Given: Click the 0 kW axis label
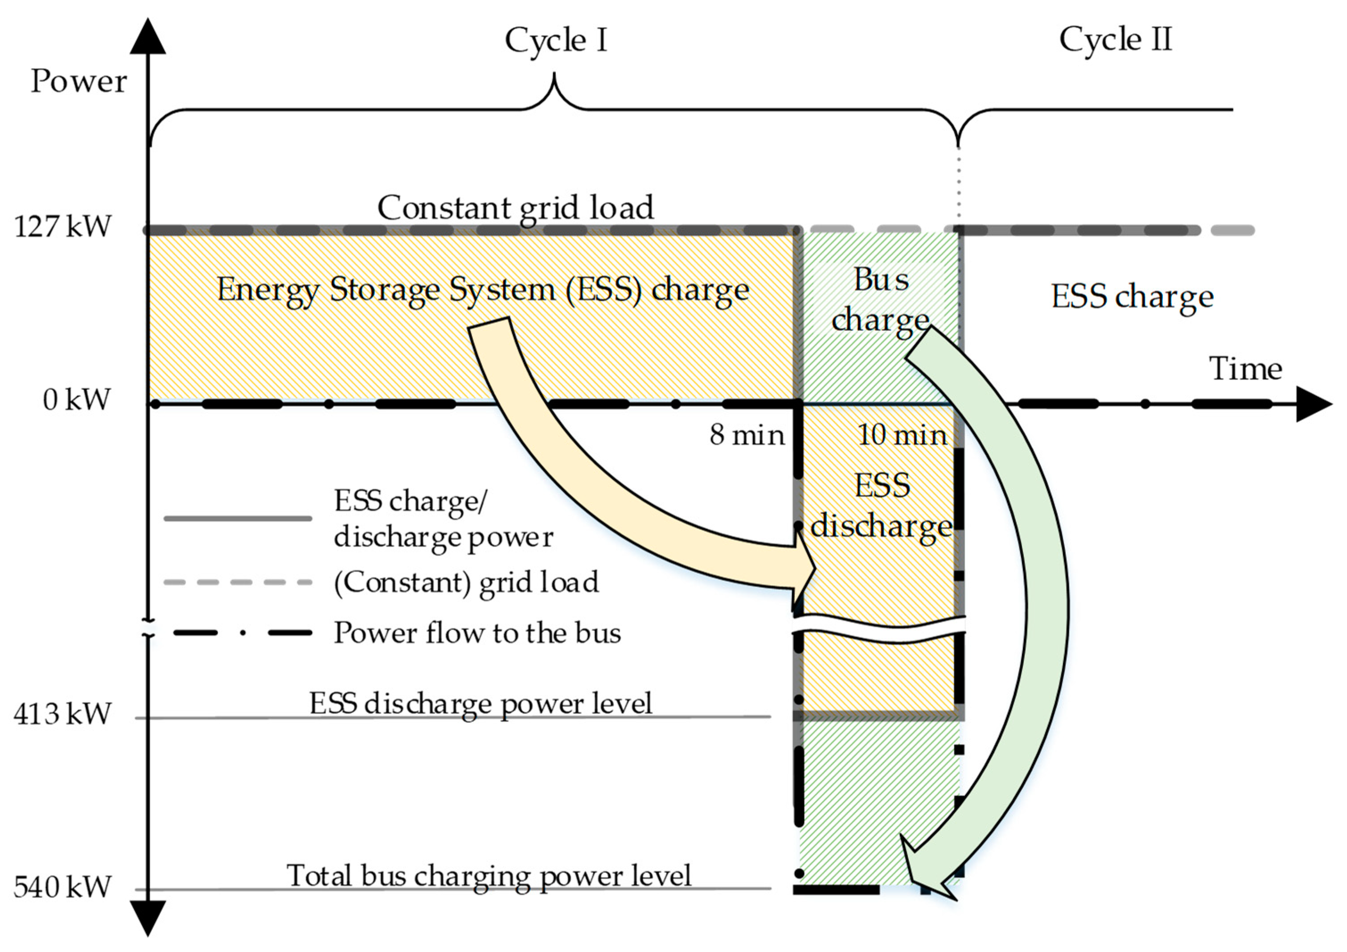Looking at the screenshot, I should (76, 400).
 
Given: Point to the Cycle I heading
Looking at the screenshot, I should (555, 41).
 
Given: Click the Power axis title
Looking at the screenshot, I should (78, 81).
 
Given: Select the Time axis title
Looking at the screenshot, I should (1245, 369).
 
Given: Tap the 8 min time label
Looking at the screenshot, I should (746, 435).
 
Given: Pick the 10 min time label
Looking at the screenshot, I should (902, 435).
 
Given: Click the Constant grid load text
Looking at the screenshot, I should (515, 208).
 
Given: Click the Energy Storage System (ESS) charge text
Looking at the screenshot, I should (483, 290).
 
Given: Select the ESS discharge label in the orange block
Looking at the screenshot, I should (881, 505).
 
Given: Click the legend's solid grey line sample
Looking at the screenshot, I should (238, 518).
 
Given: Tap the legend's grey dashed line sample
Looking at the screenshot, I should (238, 583).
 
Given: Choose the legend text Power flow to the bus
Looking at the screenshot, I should (477, 633).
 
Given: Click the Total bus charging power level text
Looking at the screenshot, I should (489, 876).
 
